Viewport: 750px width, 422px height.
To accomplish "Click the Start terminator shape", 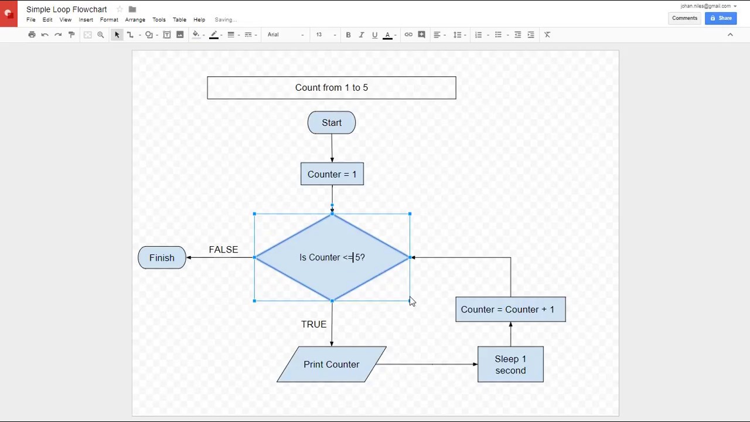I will pos(332,122).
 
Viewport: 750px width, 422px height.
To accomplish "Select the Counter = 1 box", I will pos(332,174).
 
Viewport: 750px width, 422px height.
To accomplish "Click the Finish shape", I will pos(162,258).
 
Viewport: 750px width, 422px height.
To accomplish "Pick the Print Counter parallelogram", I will pos(332,365).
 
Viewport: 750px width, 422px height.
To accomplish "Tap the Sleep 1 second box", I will pos(510,365).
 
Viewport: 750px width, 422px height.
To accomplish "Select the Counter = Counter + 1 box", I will pos(510,309).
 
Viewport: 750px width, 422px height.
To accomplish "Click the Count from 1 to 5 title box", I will pos(332,88).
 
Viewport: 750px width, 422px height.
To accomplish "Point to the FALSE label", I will pos(223,250).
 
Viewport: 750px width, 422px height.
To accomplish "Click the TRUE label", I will pos(313,324).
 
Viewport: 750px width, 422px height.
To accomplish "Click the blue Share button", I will pos(721,18).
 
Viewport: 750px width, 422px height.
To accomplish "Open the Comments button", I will pos(684,18).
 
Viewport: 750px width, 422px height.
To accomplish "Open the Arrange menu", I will pos(135,20).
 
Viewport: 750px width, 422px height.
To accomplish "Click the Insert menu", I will pos(86,20).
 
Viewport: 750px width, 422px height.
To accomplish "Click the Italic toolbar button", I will pos(362,35).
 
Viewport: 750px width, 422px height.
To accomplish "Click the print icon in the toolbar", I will pos(32,35).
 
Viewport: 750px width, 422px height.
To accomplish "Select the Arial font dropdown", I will pos(285,35).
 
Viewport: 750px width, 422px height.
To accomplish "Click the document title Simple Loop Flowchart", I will pos(66,9).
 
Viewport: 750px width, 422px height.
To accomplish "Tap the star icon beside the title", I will pos(120,9).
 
